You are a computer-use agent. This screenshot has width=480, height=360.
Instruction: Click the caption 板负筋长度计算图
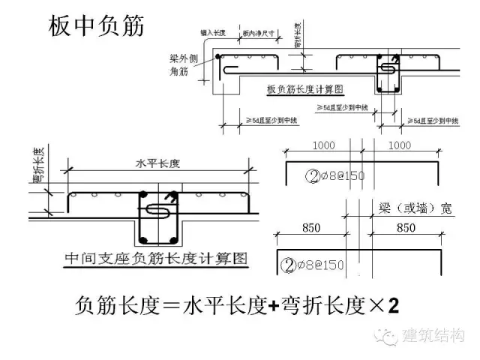(305, 89)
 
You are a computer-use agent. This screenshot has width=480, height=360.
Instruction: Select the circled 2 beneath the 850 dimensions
(286, 263)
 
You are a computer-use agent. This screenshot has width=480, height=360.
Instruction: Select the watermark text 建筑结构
(434, 337)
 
